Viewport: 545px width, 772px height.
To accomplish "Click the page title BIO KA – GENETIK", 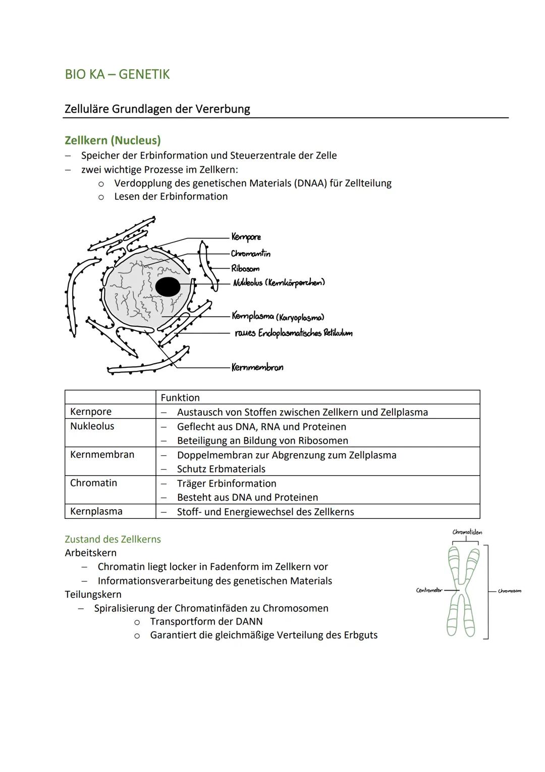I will tap(117, 74).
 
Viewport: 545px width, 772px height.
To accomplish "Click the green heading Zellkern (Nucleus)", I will tap(113, 140).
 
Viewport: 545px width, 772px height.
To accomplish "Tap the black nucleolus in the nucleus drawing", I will tap(168, 287).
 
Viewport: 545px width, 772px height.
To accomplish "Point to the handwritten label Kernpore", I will tap(246, 237).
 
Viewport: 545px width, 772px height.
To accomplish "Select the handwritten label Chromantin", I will tap(250, 253).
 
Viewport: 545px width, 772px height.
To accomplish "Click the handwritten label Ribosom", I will tap(245, 268).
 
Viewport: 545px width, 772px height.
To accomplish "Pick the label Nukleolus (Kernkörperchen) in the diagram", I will tap(279, 282).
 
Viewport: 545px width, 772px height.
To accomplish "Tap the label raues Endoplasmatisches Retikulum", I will tap(293, 333).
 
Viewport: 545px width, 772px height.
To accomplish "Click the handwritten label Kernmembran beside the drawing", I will tap(257, 367).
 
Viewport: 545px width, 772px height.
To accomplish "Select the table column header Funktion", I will tap(180, 398).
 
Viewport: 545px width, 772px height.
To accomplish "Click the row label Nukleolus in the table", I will tap(92, 426).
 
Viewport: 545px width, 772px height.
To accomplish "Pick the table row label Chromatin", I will tap(93, 482).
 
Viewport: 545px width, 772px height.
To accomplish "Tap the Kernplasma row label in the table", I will tap(96, 511).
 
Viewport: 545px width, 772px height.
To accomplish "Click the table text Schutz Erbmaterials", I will tap(221, 469).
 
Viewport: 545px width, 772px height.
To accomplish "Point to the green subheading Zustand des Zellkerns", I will tap(113, 539).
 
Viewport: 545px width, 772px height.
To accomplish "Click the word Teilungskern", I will tap(93, 594).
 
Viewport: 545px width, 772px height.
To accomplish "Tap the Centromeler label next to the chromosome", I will tap(428, 590).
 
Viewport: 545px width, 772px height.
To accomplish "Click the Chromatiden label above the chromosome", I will tap(467, 532).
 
